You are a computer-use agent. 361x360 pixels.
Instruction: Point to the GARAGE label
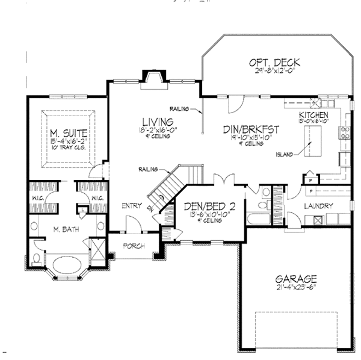[x=296, y=279]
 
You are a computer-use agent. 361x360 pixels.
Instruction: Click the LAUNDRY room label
[x=318, y=206]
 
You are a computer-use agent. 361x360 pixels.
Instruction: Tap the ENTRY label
[x=131, y=206]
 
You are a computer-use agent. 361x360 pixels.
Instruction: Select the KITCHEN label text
[x=313, y=114]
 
